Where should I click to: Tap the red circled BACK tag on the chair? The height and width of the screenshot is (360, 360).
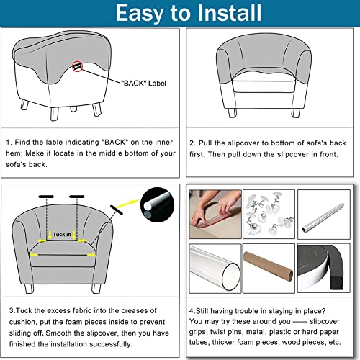pyautogui.click(x=77, y=66)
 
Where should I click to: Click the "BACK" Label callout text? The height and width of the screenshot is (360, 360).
pyautogui.click(x=143, y=84)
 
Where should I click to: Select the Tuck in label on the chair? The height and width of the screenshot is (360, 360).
pyautogui.click(x=62, y=234)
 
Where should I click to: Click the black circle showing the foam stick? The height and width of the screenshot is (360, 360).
pyautogui.click(x=158, y=204)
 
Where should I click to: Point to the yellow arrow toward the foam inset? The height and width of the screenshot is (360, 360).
pyautogui.click(x=127, y=204)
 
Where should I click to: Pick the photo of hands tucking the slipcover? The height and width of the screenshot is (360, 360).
pyautogui.click(x=215, y=214)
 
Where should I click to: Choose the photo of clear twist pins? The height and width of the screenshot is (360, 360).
pyautogui.click(x=269, y=214)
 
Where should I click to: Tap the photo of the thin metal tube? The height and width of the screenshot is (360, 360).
pyautogui.click(x=324, y=215)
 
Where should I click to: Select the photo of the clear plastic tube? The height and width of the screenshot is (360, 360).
pyautogui.click(x=215, y=269)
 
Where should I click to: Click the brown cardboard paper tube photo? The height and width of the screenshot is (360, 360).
pyautogui.click(x=269, y=269)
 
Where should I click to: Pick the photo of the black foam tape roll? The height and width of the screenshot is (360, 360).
pyautogui.click(x=324, y=269)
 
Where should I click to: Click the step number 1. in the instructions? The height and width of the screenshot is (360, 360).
pyautogui.click(x=9, y=143)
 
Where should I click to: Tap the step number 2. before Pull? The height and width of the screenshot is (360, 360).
pyautogui.click(x=193, y=143)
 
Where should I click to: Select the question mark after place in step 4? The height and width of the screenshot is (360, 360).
pyautogui.click(x=323, y=311)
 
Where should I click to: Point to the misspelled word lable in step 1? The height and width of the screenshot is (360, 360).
pyautogui.click(x=55, y=142)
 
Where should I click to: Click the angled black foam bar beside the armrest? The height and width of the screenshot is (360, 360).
pyautogui.click(x=117, y=210)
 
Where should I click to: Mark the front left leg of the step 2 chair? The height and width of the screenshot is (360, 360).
pyautogui.click(x=233, y=113)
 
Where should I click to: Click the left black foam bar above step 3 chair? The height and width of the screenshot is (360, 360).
pyautogui.click(x=46, y=197)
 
